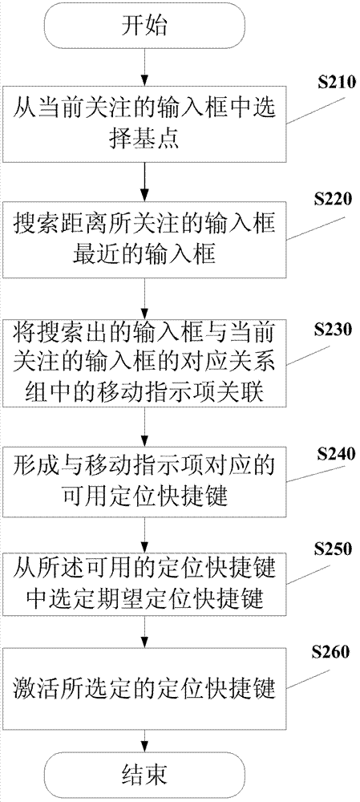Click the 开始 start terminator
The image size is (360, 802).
pyautogui.click(x=145, y=26)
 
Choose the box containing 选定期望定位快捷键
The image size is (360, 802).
pyautogui.click(x=145, y=583)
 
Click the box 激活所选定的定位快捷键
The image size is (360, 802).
pyautogui.click(x=145, y=687)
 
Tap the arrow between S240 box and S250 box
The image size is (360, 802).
pyautogui.click(x=145, y=535)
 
